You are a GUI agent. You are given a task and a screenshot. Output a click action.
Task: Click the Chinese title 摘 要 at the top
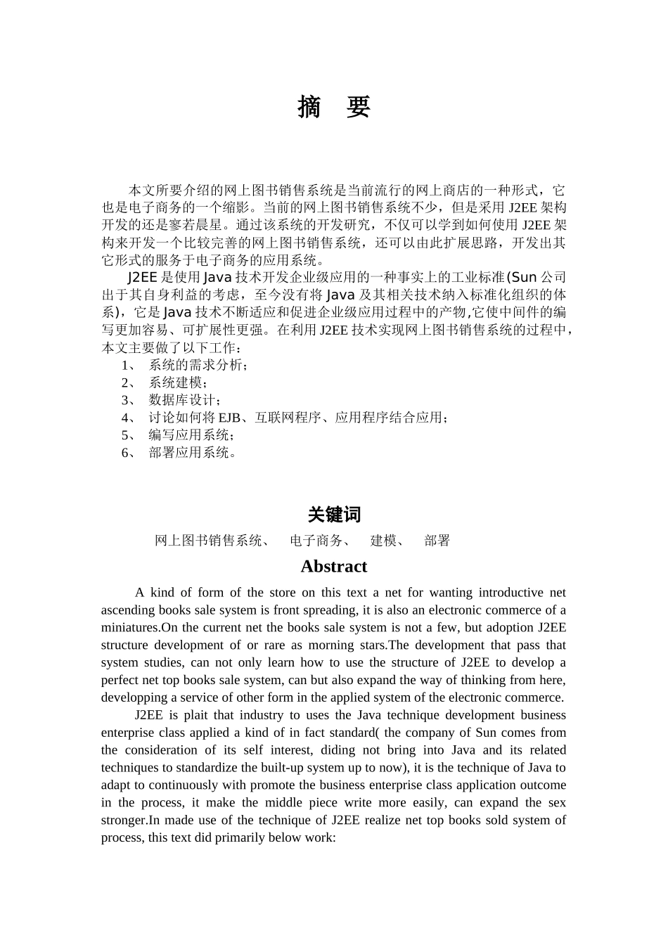333,107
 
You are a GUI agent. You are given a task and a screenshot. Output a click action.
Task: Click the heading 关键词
334,515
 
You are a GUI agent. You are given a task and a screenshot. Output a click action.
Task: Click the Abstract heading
333,567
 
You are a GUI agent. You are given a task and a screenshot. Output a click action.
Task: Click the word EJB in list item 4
229,418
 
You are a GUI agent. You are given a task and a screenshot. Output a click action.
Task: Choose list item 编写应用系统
189,435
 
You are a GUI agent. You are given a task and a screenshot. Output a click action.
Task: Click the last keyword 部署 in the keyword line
437,541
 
